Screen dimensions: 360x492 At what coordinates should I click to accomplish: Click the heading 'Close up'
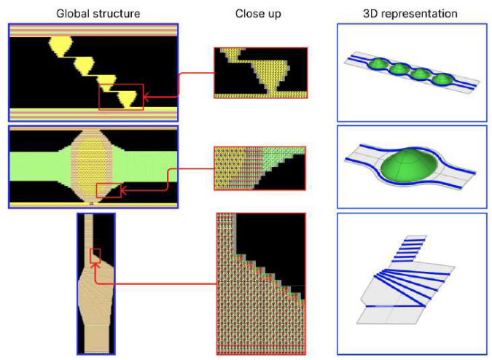[254, 14]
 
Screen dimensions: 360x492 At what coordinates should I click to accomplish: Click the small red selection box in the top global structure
[121, 97]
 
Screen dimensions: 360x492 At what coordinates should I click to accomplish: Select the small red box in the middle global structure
[109, 189]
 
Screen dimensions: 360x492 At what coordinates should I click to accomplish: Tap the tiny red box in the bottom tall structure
[94, 256]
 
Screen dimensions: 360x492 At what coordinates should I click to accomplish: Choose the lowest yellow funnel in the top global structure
[129, 98]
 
